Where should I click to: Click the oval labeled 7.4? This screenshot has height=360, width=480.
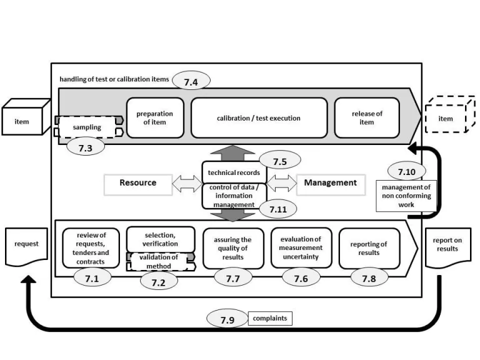(x=191, y=81)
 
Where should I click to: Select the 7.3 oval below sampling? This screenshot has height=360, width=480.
(x=86, y=148)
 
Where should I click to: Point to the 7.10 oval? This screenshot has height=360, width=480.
(x=407, y=171)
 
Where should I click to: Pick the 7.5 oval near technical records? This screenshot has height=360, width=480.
(x=279, y=161)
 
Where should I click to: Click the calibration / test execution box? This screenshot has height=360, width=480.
(x=259, y=118)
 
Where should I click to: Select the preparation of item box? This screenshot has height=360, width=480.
(x=154, y=117)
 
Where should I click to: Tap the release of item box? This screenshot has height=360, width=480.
(x=367, y=117)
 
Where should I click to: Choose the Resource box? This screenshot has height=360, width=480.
(x=138, y=183)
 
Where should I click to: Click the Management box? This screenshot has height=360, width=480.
(x=330, y=183)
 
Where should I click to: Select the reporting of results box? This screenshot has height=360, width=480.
(x=369, y=248)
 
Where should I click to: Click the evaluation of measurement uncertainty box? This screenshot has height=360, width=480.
(x=301, y=248)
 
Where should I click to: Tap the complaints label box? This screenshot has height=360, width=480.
(x=270, y=319)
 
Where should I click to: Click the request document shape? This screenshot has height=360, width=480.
(x=26, y=244)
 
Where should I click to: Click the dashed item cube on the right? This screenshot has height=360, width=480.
(x=445, y=118)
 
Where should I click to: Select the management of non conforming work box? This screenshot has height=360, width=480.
(x=406, y=195)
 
